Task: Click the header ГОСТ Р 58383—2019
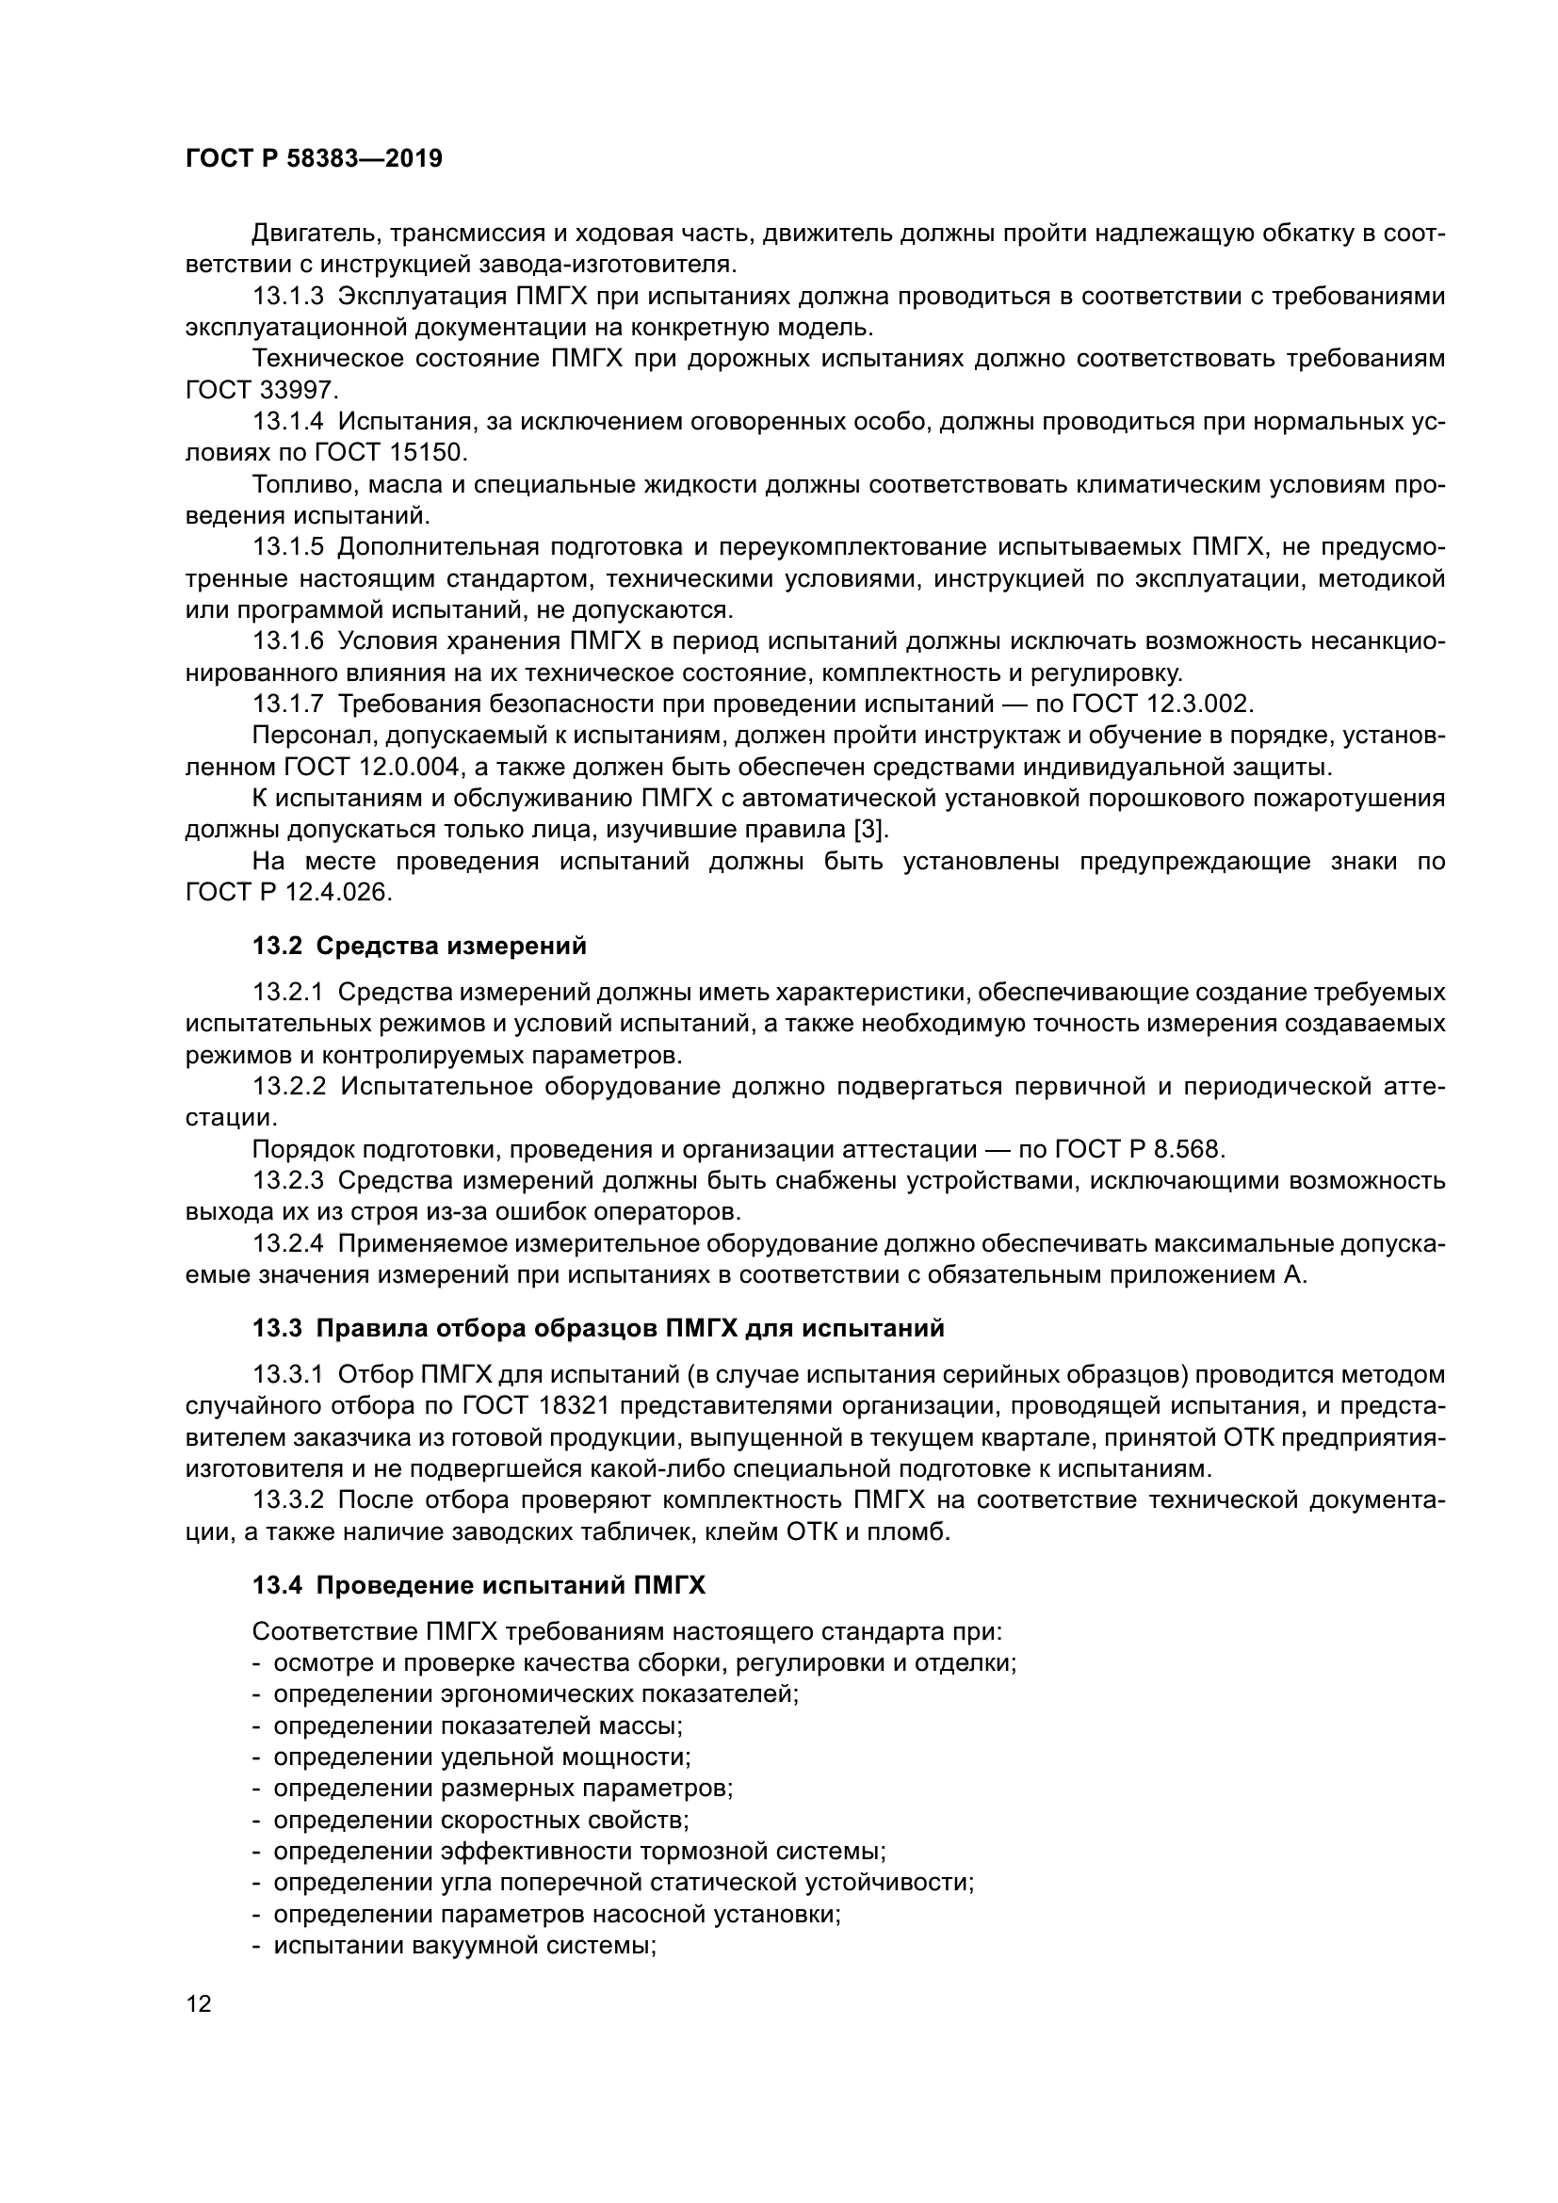(x=314, y=158)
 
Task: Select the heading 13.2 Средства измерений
(x=418, y=946)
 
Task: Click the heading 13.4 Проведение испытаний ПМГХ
(x=478, y=1586)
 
